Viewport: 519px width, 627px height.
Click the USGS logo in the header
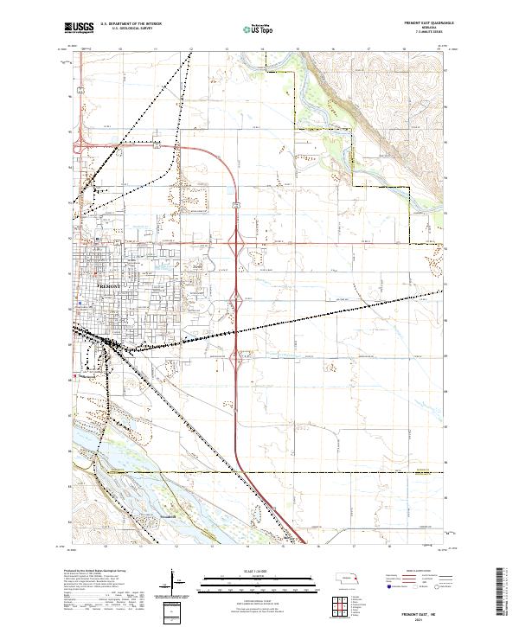click(x=80, y=29)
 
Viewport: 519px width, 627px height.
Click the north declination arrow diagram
click(x=174, y=584)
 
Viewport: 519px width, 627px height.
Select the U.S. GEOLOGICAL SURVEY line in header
click(x=127, y=29)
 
